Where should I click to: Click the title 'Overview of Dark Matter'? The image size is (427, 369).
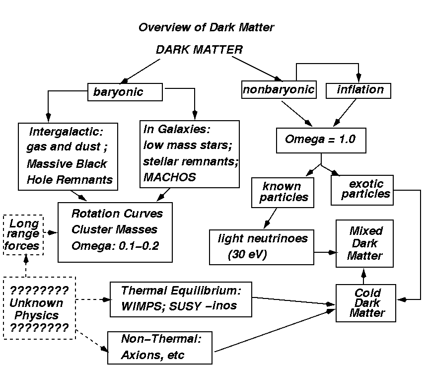(206, 27)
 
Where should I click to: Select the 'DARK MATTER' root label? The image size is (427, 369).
(199, 50)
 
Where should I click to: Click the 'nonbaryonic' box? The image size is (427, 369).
(279, 90)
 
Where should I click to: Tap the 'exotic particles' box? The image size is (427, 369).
(362, 189)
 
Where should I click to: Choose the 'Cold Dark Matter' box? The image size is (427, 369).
(366, 302)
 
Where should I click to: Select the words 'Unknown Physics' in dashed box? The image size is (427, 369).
(39, 309)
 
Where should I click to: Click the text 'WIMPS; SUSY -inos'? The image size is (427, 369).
(179, 306)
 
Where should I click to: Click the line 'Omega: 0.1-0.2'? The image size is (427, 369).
(115, 245)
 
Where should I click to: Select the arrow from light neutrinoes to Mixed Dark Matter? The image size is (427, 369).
(325, 252)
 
